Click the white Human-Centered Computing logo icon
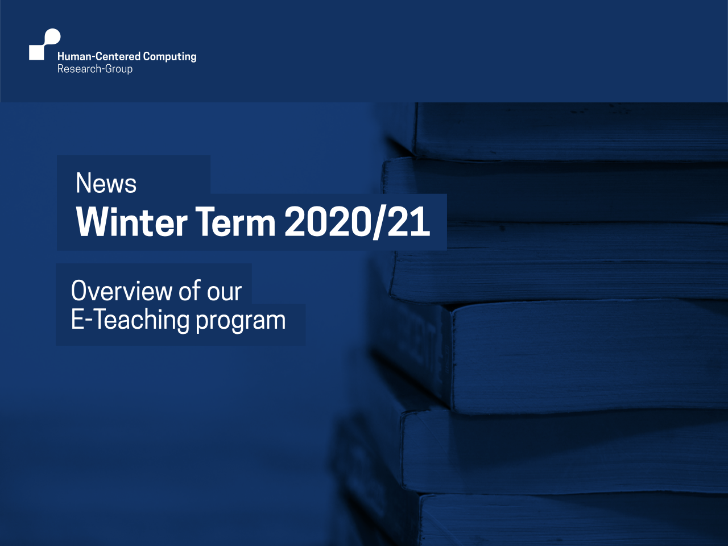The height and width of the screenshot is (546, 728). click(45, 44)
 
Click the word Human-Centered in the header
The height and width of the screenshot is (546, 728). click(99, 56)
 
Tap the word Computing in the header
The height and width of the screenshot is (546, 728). click(169, 57)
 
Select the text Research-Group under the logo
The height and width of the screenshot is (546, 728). click(95, 69)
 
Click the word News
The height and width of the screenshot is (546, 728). click(106, 183)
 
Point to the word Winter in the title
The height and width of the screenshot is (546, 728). click(132, 221)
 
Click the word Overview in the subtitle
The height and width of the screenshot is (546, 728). click(122, 291)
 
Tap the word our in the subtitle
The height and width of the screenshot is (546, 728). click(225, 293)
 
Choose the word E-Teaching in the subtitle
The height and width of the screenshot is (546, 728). click(130, 320)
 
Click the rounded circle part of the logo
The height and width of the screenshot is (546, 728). click(52, 37)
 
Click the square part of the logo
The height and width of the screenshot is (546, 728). click(36, 52)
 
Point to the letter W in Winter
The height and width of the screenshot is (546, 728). click(93, 221)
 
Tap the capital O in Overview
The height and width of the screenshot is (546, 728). click(79, 291)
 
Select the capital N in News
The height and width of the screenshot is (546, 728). click(83, 183)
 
